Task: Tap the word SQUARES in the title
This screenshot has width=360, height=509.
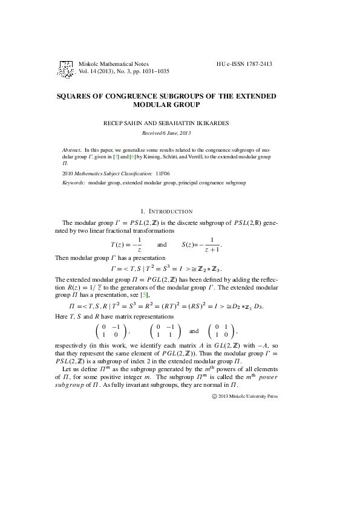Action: pos(76,96)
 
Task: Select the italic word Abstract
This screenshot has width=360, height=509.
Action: pos(72,149)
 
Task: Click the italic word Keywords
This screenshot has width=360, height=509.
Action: pos(74,182)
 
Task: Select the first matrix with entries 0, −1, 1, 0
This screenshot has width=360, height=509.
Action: pos(110,331)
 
